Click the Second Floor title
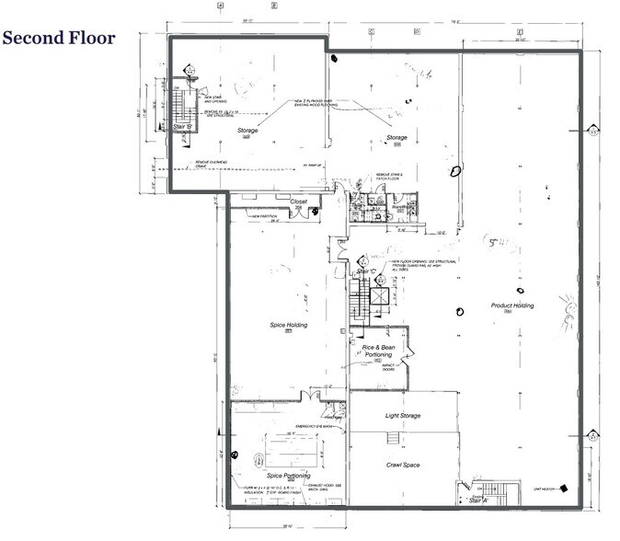pyautogui.click(x=59, y=38)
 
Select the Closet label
pyautogui.click(x=298, y=201)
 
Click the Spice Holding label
pyautogui.click(x=288, y=326)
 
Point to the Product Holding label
pyautogui.click(x=512, y=305)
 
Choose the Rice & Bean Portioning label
pyautogui.click(x=377, y=351)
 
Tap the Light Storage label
pyautogui.click(x=402, y=416)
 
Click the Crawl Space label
pyautogui.click(x=402, y=465)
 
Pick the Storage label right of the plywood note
pyautogui.click(x=396, y=138)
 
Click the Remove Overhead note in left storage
pyautogui.click(x=212, y=164)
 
